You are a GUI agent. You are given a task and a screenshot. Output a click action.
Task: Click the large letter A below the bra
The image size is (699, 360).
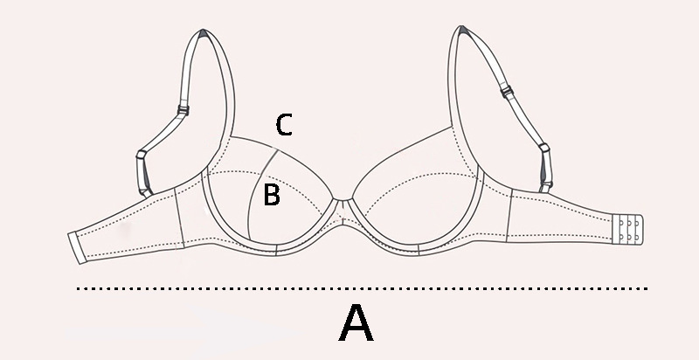(356, 324)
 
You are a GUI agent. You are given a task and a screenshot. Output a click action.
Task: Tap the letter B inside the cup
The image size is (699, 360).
(272, 195)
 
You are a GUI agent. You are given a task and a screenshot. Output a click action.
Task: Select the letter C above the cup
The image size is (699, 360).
(283, 125)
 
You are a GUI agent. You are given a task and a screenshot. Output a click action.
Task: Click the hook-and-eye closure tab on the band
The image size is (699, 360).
(629, 230)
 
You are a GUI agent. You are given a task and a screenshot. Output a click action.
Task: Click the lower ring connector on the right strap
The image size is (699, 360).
(543, 150)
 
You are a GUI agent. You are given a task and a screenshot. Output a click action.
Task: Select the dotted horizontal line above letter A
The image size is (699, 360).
(363, 288)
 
